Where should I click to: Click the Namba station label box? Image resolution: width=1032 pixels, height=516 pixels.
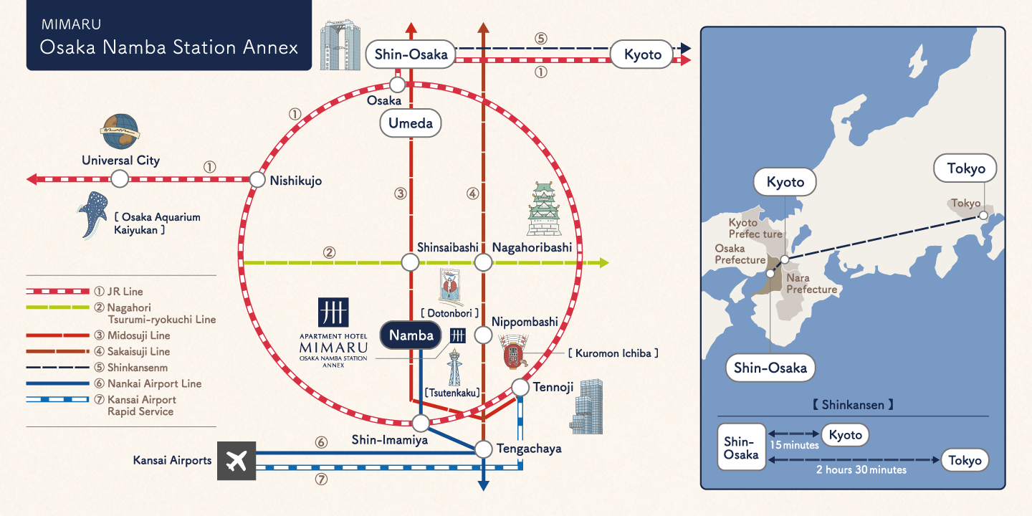tap(411, 335)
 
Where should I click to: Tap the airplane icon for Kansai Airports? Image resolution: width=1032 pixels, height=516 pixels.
tap(236, 460)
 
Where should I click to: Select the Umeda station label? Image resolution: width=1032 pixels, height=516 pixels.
tap(411, 123)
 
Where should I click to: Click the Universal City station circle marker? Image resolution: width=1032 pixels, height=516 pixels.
tap(120, 179)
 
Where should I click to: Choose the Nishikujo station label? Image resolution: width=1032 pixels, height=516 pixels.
tap(296, 181)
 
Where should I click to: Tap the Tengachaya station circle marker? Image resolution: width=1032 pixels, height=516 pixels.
tap(484, 449)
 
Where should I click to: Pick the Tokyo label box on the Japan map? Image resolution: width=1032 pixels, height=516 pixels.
tap(965, 169)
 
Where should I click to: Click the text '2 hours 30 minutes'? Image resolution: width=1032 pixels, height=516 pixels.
tap(861, 470)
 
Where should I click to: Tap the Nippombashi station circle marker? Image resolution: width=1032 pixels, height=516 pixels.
tap(484, 335)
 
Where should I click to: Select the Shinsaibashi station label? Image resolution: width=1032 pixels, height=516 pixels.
tap(447, 247)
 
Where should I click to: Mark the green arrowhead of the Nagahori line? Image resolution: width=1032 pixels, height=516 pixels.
tap(603, 263)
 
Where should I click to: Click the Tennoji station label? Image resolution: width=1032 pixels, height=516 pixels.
tap(553, 388)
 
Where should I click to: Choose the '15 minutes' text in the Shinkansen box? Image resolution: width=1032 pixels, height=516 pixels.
tap(794, 445)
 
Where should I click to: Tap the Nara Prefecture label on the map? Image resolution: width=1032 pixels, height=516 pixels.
tap(811, 284)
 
